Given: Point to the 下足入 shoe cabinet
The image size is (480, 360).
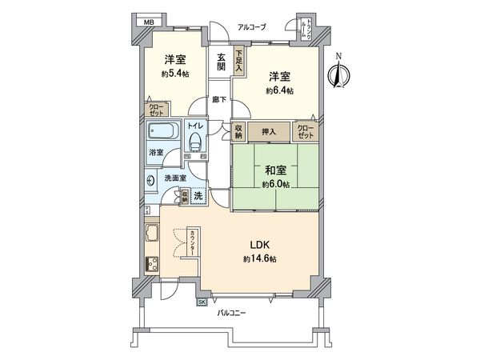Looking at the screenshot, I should point(238,62).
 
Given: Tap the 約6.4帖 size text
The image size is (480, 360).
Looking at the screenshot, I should point(280,90).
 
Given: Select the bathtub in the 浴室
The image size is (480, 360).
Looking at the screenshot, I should point(166,133).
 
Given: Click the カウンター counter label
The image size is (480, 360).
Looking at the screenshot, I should point(194,242).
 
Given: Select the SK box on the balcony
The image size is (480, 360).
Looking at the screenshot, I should point(202,302).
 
